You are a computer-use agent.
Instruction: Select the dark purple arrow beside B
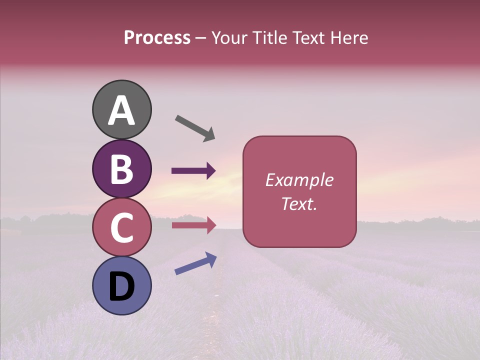point(193,171)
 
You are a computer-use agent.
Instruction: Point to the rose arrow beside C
point(193,225)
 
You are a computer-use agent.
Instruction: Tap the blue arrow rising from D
point(195,263)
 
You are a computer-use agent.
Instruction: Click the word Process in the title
point(157,38)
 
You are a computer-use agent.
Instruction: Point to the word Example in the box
point(299,180)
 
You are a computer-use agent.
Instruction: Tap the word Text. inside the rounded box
point(299,203)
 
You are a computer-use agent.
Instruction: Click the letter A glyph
point(121,110)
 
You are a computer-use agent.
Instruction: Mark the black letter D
point(121,286)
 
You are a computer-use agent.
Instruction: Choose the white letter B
point(121,169)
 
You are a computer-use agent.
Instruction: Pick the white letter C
point(121,227)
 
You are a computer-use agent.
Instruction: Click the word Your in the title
point(228,38)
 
